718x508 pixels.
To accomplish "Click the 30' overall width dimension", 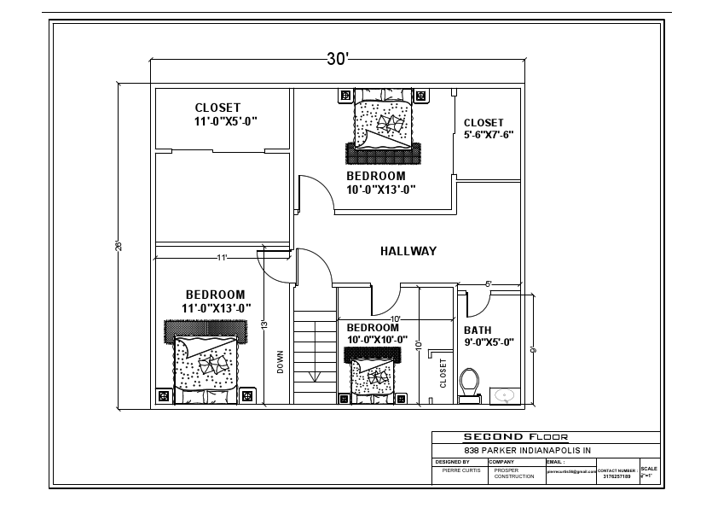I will click(x=338, y=59).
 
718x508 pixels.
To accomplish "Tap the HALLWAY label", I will click(x=408, y=251).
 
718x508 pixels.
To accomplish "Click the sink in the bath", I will click(x=507, y=395).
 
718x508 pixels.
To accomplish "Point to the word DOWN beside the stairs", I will click(x=280, y=362).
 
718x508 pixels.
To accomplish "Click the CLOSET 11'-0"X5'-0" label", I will click(x=225, y=114).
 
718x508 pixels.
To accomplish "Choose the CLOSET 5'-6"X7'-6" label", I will click(x=488, y=129).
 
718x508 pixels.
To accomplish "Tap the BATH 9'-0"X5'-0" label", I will click(x=488, y=336).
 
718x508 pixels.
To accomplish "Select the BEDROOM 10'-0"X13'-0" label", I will click(x=380, y=183).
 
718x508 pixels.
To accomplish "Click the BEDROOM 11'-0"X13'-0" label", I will click(x=215, y=301).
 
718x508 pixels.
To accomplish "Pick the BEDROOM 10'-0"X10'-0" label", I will click(x=376, y=333).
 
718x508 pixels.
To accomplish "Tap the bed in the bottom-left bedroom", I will click(x=205, y=363).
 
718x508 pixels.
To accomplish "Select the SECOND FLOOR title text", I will click(x=515, y=436).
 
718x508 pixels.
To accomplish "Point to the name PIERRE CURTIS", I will click(x=460, y=470).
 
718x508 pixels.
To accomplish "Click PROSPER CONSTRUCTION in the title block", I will click(x=514, y=473).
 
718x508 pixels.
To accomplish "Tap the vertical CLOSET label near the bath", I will click(x=443, y=373).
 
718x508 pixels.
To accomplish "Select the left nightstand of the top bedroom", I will click(x=345, y=96).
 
